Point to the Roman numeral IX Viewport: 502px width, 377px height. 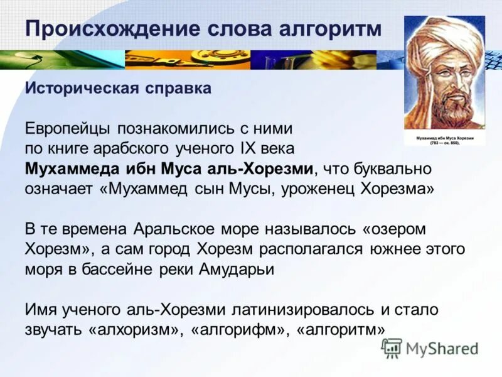[x=257, y=149]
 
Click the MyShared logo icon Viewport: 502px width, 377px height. [x=392, y=347]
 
